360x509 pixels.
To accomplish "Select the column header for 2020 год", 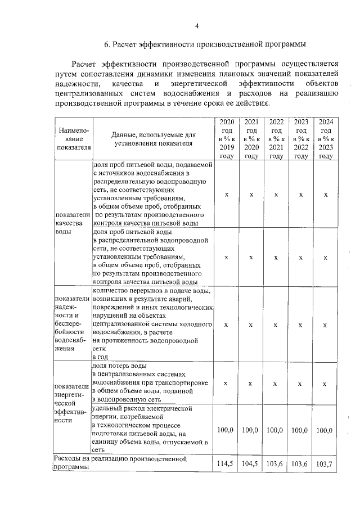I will pos(226,139).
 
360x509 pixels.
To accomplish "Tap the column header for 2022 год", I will pos(276,139).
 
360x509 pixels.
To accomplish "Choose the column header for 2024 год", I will pos(325,139).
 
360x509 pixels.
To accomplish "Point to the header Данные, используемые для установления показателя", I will pos(153,139).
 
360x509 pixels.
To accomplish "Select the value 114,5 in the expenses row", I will pos(226,463).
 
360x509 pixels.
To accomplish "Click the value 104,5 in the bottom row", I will pos(251,463).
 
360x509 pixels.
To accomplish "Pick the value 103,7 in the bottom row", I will pos(325,463).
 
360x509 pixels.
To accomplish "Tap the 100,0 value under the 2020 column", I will pos(226,430).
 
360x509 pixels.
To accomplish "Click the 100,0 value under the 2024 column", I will pos(325,430).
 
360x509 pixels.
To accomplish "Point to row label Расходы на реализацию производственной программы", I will pos(119,463).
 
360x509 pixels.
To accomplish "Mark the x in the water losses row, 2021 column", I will pos(251,384).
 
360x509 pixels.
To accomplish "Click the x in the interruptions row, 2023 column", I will pos(300,325).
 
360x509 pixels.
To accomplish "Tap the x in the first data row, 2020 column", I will pos(226,194).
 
